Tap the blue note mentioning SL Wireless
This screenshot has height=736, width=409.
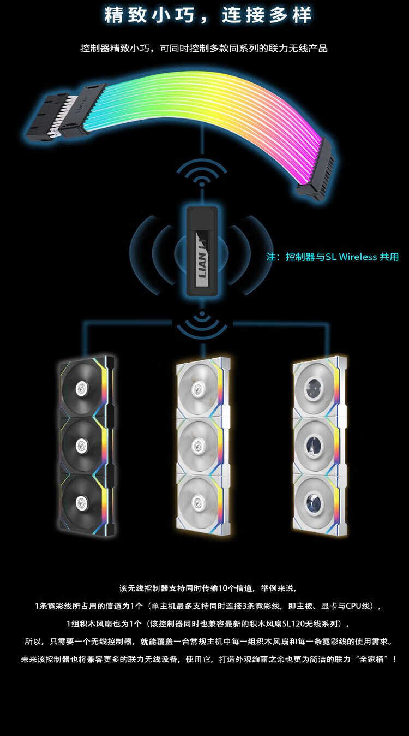333,257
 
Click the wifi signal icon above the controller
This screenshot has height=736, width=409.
202,173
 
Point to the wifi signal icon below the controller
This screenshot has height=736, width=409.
202,324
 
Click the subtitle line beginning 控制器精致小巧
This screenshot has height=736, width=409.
204,49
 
